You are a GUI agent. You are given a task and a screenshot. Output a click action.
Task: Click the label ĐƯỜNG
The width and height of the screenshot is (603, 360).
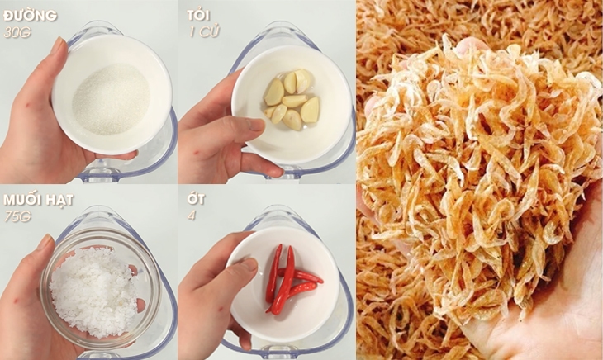(30, 17)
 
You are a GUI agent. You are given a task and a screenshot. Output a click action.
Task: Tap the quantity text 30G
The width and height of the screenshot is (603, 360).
(16, 32)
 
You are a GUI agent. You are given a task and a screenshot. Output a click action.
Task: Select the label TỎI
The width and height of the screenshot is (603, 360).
(197, 17)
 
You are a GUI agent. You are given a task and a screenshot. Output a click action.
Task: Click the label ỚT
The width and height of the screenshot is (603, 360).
(195, 201)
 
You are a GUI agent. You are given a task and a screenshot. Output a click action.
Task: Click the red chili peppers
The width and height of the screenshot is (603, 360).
(285, 277)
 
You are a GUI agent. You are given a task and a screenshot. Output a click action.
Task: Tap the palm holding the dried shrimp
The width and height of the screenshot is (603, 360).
(545, 322)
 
